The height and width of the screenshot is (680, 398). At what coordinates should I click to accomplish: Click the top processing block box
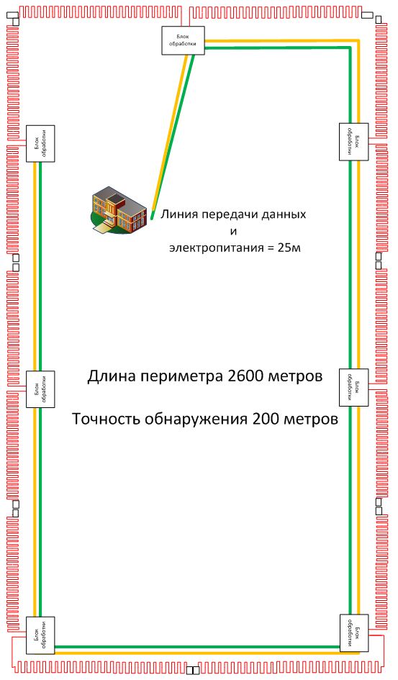(x=182, y=40)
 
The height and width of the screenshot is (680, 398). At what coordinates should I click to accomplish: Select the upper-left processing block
(x=40, y=142)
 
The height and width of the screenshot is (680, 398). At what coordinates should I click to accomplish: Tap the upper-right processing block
(x=353, y=140)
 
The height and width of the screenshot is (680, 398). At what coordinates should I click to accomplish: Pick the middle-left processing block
(x=40, y=389)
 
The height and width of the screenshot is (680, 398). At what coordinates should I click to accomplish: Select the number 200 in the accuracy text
(x=270, y=419)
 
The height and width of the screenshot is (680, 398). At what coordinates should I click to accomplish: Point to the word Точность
(x=104, y=419)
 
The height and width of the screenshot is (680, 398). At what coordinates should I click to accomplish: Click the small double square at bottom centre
(x=193, y=671)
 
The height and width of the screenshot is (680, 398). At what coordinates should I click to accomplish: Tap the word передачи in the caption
(x=232, y=214)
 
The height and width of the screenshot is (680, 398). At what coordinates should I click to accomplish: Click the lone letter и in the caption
(x=233, y=232)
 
